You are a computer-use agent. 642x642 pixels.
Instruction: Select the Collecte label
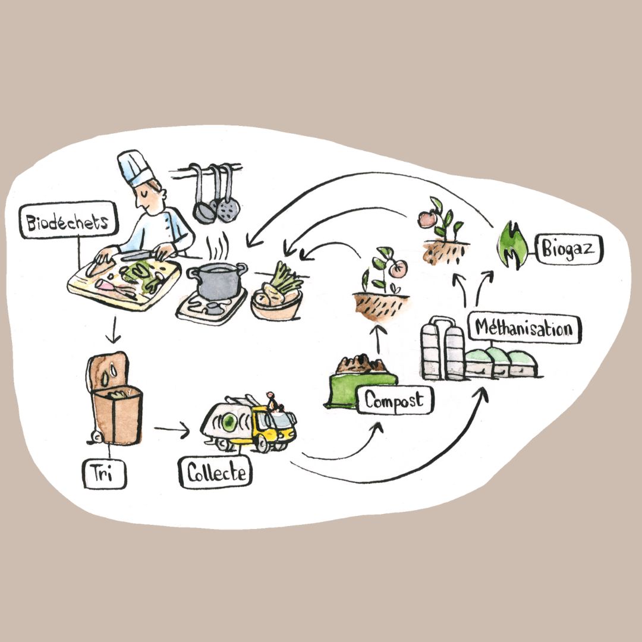click(x=215, y=473)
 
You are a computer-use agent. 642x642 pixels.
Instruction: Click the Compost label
click(x=395, y=400)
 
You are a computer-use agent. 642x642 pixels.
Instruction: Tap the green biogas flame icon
click(x=510, y=245)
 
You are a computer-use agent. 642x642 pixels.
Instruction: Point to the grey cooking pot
click(x=216, y=282)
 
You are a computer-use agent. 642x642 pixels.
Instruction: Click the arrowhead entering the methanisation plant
click(x=483, y=395)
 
